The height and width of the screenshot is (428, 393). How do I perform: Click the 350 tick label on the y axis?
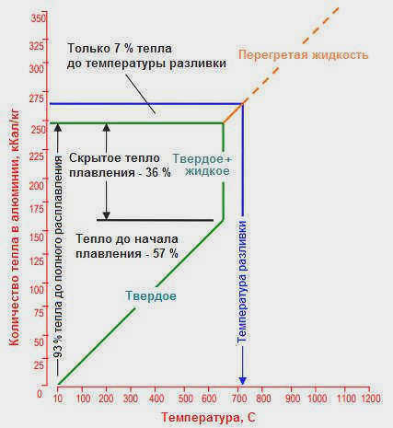tap(38, 18)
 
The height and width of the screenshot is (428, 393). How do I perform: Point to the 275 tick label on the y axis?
tap(37, 98)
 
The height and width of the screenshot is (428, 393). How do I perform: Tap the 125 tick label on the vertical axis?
tap(37, 261)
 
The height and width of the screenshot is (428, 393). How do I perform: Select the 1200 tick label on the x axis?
tap(371, 399)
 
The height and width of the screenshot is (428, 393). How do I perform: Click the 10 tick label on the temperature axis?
tap(58, 399)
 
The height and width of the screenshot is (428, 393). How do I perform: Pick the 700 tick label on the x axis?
tap(239, 399)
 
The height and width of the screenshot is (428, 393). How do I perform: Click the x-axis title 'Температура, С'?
tap(208, 418)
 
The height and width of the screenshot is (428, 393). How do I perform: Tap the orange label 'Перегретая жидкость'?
tap(303, 55)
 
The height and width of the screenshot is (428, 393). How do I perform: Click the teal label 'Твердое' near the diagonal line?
tap(151, 296)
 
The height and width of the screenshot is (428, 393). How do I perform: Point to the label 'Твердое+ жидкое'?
tap(202, 165)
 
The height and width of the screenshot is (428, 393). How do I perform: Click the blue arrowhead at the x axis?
tap(243, 380)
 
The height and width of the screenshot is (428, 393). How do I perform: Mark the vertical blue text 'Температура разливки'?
tap(242, 282)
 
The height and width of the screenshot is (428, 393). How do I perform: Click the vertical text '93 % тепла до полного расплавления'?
tap(58, 257)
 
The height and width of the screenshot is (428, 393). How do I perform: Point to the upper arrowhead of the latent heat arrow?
tap(106, 127)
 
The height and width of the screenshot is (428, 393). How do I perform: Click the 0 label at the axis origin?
tap(40, 394)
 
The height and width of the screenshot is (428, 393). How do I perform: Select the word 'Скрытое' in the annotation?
tap(92, 158)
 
